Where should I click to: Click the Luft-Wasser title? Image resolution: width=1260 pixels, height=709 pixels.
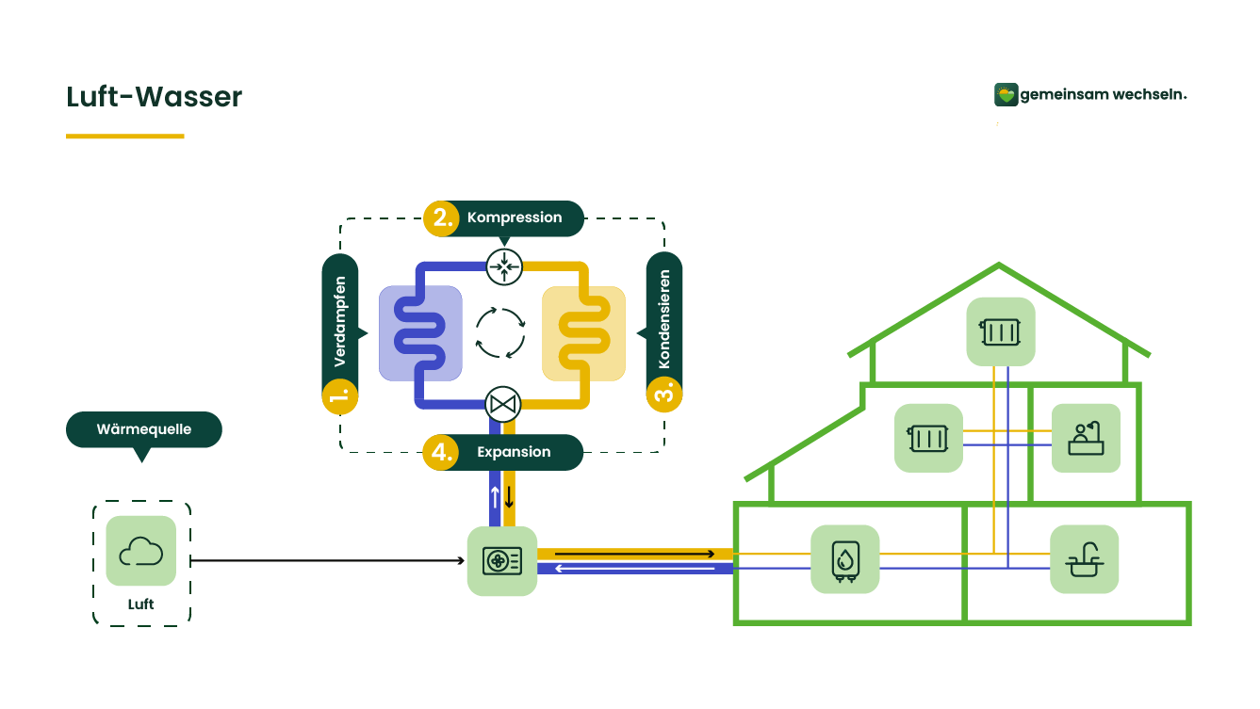pyautogui.click(x=155, y=97)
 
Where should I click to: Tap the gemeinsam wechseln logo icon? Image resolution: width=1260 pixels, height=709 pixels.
pyautogui.click(x=1006, y=94)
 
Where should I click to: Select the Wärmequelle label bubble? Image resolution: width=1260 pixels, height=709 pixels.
pyautogui.click(x=144, y=429)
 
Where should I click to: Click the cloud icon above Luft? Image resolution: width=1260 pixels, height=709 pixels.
pyautogui.click(x=141, y=551)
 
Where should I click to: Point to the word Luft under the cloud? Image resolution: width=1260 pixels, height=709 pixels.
pyautogui.click(x=140, y=604)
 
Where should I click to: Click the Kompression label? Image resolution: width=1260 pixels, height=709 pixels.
pyautogui.click(x=515, y=218)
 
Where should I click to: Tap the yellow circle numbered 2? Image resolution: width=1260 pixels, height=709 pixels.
pyautogui.click(x=442, y=218)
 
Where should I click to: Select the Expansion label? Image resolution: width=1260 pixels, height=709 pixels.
pyautogui.click(x=514, y=452)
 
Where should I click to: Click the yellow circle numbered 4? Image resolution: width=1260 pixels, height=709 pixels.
pyautogui.click(x=441, y=452)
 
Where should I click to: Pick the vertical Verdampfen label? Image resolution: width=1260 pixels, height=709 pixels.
pyautogui.click(x=340, y=322)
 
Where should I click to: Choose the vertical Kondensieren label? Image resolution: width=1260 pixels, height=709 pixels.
pyautogui.click(x=664, y=319)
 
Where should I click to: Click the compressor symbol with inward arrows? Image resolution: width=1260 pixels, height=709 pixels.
pyautogui.click(x=504, y=266)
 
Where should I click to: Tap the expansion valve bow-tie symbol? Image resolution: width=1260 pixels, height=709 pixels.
pyautogui.click(x=503, y=405)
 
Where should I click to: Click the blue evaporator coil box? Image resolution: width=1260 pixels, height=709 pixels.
pyautogui.click(x=420, y=333)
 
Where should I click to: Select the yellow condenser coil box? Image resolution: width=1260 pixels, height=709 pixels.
pyautogui.click(x=583, y=333)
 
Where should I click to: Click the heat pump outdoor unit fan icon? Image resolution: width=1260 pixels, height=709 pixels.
pyautogui.click(x=502, y=560)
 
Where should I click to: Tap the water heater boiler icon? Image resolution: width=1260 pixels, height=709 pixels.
pyautogui.click(x=845, y=559)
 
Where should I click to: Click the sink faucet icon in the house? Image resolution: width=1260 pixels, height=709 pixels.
pyautogui.click(x=1085, y=559)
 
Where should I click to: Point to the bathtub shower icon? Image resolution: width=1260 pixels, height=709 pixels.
pyautogui.click(x=1087, y=438)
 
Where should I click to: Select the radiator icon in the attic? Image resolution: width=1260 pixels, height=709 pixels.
pyautogui.click(x=1001, y=332)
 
